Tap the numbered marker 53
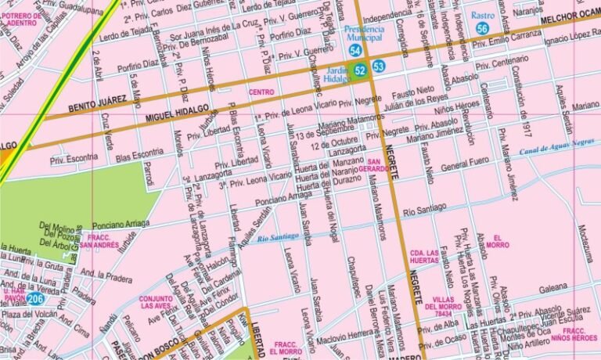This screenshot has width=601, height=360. tap(379, 67)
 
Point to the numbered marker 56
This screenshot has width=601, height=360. tap(482, 28)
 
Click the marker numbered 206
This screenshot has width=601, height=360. tap(34, 298)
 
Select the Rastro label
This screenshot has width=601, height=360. tap(483, 15)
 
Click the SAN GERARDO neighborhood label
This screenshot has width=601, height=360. tap(373, 166)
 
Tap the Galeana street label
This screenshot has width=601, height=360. tap(552, 286)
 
